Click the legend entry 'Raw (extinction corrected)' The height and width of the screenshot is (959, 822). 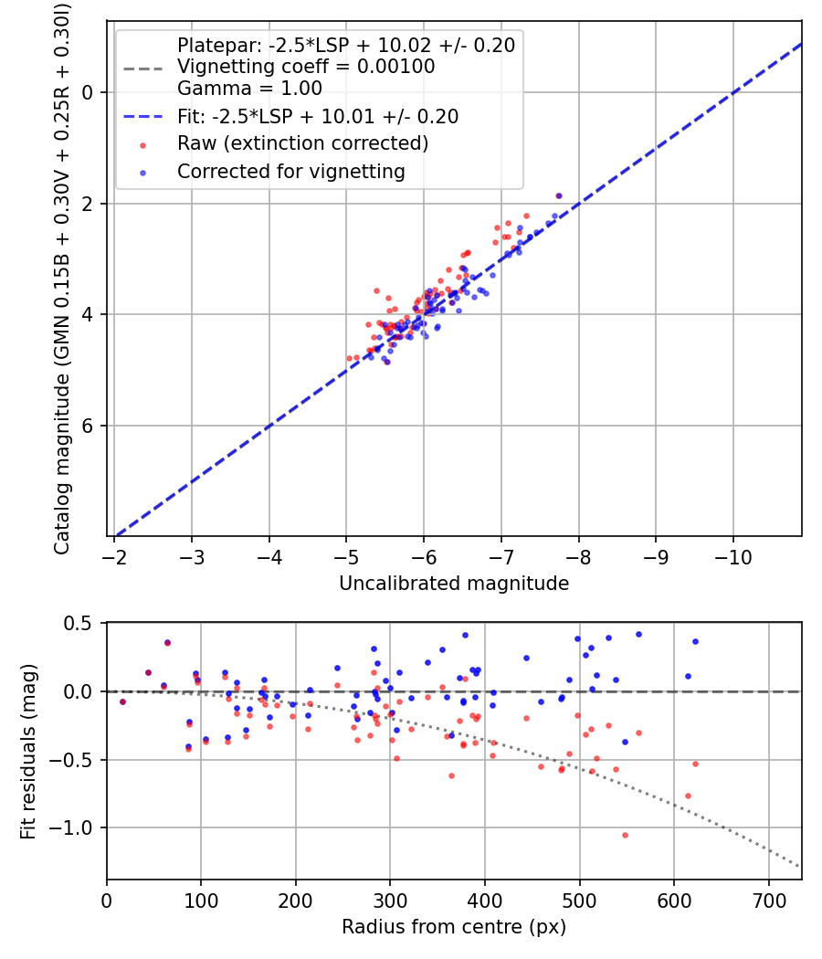point(302,144)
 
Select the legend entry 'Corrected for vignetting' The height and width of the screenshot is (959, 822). point(291,172)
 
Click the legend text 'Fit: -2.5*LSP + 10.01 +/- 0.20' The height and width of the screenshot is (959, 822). point(318,117)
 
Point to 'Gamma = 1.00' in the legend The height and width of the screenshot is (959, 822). point(249,89)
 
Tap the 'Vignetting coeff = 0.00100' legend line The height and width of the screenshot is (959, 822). point(306,67)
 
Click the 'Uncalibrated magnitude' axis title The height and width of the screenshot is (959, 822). point(454,584)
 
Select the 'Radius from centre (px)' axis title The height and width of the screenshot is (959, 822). point(454,927)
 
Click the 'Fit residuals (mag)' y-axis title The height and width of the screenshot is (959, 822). point(29,751)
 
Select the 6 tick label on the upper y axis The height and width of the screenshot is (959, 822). point(89,426)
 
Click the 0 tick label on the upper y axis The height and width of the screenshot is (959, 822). point(89,92)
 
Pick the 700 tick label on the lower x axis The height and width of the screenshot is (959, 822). point(768,901)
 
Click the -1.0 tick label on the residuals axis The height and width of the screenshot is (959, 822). point(78,828)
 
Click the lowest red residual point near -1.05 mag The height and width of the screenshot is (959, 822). point(625,835)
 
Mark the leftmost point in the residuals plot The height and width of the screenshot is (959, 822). point(122,701)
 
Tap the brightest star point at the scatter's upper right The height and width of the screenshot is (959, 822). point(559,195)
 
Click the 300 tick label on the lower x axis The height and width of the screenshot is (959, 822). point(390,901)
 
